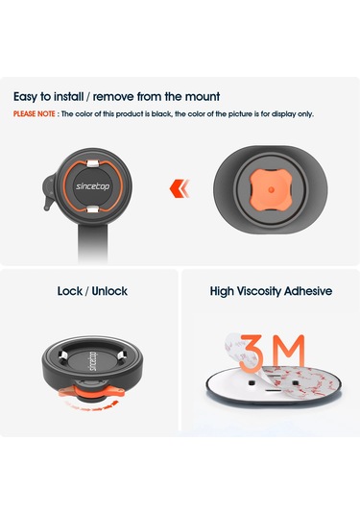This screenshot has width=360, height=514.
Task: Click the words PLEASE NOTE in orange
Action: [x=34, y=114]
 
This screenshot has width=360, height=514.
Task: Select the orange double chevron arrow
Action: [x=180, y=188]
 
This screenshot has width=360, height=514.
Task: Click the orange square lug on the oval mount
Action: [x=271, y=189]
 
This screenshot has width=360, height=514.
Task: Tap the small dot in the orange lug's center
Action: [x=271, y=189]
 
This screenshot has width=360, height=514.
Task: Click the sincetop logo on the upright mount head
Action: [x=93, y=186]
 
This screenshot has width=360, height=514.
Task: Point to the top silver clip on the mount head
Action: [x=93, y=163]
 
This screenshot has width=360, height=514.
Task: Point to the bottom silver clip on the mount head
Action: [x=93, y=208]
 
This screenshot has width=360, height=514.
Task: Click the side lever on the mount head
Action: [x=49, y=192]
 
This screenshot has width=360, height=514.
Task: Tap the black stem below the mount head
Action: [x=93, y=242]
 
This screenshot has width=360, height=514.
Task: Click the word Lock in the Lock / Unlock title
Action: [x=69, y=291]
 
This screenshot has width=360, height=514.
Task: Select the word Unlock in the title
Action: [x=109, y=291]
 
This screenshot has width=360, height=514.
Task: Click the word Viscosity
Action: [x=259, y=291]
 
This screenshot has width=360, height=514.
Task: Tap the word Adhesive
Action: [x=308, y=291]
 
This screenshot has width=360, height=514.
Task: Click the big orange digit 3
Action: [x=252, y=353]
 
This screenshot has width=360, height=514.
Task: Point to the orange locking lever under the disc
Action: [x=92, y=392]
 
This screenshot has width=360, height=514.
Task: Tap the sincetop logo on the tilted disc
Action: [x=93, y=361]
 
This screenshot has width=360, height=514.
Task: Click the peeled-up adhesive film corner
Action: [x=236, y=349]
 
